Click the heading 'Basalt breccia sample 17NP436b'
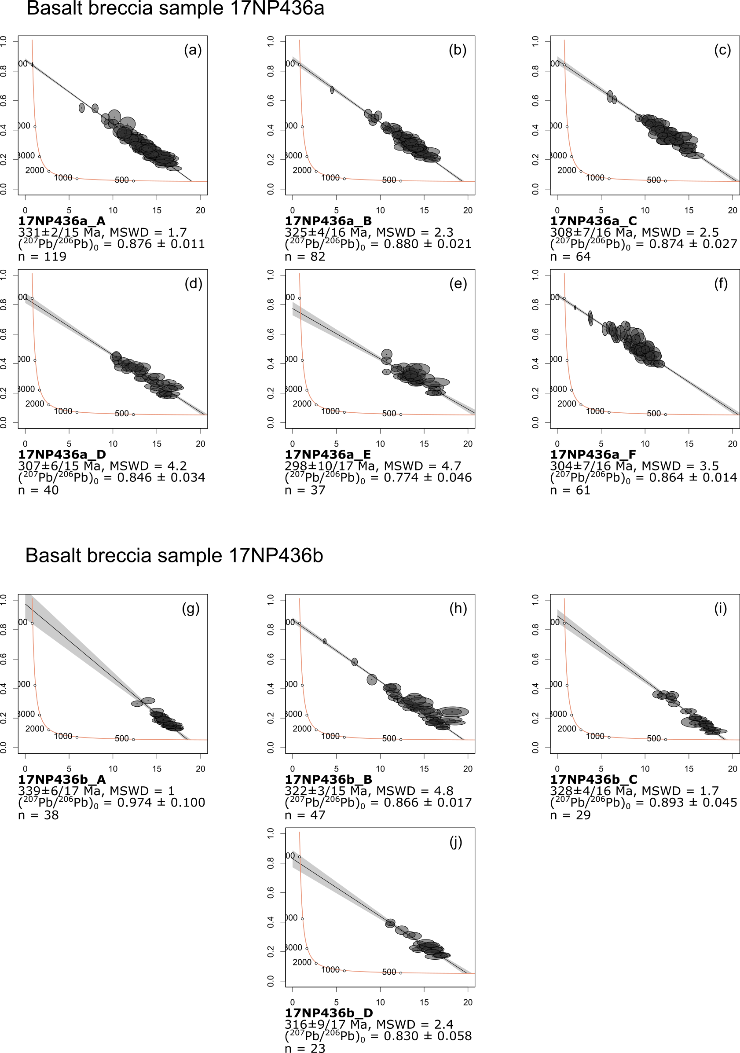(174, 555)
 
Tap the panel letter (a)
(193, 50)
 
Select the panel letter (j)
(456, 843)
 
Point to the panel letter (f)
(721, 284)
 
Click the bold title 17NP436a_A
(62, 221)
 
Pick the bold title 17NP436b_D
(329, 1013)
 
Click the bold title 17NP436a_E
(328, 455)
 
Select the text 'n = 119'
(42, 257)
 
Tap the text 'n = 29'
(570, 815)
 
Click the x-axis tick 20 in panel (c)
(732, 210)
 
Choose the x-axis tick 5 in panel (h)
(337, 769)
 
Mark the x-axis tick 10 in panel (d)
(113, 444)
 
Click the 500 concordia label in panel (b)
(389, 180)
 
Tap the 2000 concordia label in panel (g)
(35, 729)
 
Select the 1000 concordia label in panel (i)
(595, 736)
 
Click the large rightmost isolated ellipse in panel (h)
(453, 712)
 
